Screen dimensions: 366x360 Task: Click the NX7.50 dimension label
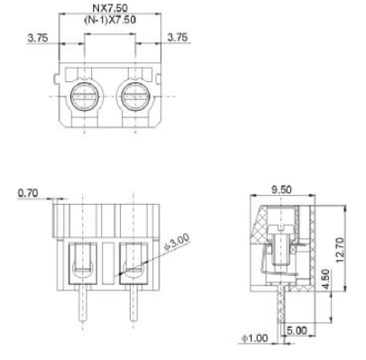110,8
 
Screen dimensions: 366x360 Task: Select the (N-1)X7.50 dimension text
110,20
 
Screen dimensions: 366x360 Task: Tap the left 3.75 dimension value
38,38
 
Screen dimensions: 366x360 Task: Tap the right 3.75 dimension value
178,37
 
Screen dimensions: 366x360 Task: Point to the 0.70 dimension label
28,193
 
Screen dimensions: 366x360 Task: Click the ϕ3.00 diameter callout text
177,242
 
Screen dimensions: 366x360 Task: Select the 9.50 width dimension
281,189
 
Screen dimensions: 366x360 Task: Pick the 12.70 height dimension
339,250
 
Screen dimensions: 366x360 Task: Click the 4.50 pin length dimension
325,280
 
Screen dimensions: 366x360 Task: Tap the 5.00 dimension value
297,330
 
